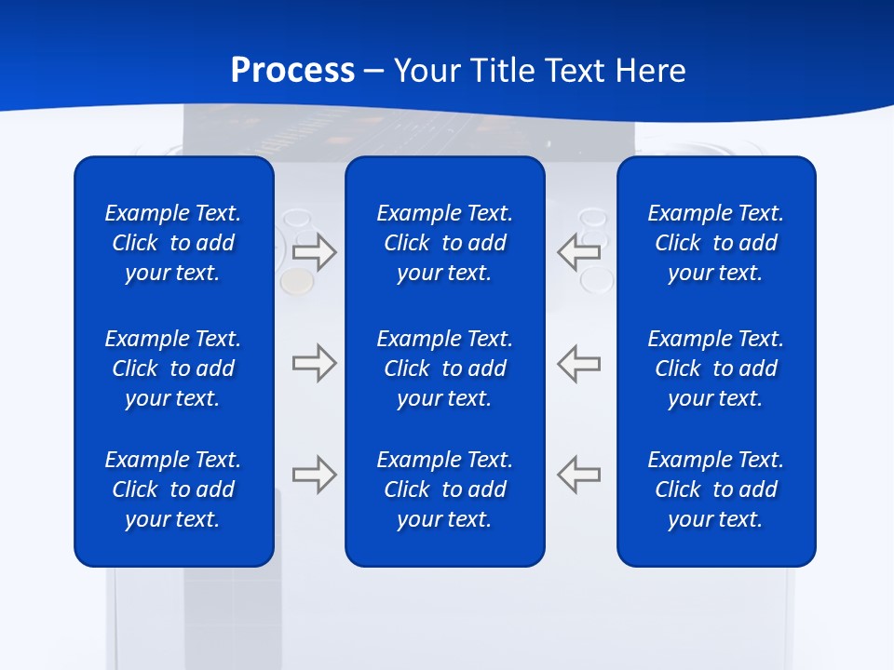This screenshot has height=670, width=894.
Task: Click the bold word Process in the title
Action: click(x=292, y=71)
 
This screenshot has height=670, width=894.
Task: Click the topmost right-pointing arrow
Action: click(x=315, y=252)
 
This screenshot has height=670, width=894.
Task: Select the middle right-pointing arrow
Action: click(x=315, y=363)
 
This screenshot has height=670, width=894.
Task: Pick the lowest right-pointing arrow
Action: click(x=315, y=474)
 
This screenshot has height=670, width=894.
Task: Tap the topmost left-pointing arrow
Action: click(x=578, y=252)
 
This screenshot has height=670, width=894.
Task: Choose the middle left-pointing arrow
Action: click(x=578, y=363)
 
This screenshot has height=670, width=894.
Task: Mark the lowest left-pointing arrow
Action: click(x=578, y=474)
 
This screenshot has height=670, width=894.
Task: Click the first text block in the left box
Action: click(x=173, y=243)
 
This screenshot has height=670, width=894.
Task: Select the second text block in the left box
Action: click(x=173, y=368)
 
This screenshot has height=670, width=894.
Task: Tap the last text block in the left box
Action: click(x=173, y=489)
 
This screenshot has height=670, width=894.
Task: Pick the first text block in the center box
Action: click(x=444, y=243)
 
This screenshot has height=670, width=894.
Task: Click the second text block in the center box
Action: click(x=444, y=368)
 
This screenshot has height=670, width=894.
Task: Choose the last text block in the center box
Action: click(x=444, y=489)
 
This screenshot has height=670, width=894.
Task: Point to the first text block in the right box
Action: click(x=715, y=243)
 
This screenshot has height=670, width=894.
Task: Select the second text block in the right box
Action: click(x=715, y=368)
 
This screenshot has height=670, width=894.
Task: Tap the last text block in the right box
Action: click(x=715, y=489)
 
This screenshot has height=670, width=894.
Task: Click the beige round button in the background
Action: click(x=296, y=280)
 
